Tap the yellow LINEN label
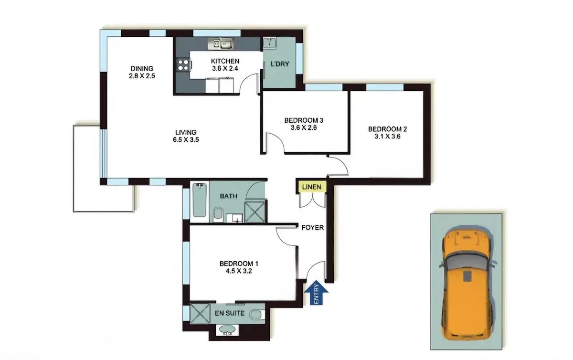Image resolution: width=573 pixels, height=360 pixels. tap(311, 187)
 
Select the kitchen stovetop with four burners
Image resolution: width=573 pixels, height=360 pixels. tap(183, 65)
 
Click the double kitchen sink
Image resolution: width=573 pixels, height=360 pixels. tap(221, 44)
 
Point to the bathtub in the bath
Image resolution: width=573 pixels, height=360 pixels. tap(199, 200)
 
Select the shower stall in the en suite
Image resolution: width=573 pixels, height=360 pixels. tap(200, 314)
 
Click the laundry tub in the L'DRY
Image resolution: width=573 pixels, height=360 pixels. tap(270, 42)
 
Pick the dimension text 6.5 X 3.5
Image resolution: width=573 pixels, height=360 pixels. tap(186, 140)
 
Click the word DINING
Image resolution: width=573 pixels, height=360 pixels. tap(142, 69)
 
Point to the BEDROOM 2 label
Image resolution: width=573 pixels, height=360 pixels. tap(387, 129)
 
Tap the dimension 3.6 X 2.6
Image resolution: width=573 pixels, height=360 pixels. tap(304, 127)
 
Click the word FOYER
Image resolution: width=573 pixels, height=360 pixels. tap(313, 227)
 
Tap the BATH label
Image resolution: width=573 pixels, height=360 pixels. tap(228, 196)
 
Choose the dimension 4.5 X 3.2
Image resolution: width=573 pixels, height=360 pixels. tap(239, 271)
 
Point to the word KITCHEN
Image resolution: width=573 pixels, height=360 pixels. tap(225, 61)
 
